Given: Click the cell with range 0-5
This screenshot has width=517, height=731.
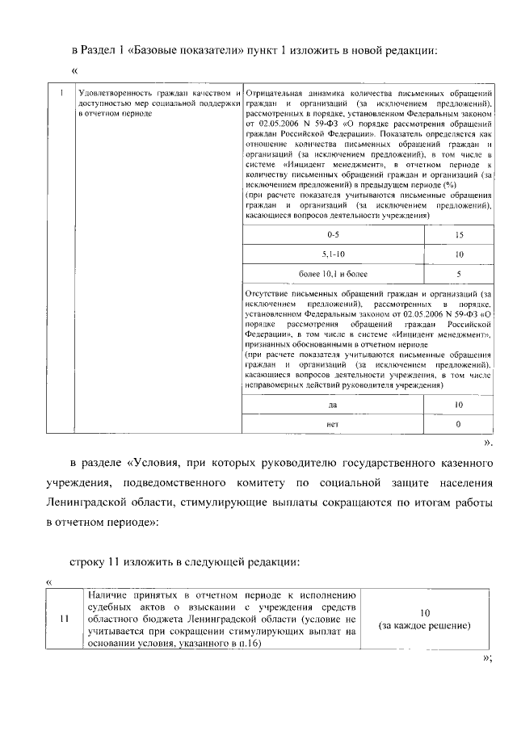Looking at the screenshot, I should (x=332, y=234).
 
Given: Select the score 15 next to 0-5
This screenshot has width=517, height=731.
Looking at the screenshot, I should (x=459, y=234).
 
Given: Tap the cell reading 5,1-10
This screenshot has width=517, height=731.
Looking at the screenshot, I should (x=332, y=254).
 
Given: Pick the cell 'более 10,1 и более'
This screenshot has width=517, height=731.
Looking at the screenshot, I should (x=332, y=274).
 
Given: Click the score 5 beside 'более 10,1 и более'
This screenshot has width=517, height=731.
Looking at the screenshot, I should (x=459, y=274).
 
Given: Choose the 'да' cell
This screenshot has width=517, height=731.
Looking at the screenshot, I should (x=332, y=405).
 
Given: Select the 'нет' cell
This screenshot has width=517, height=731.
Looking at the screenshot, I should (x=332, y=424).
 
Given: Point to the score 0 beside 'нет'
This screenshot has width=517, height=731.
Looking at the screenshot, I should (x=459, y=424).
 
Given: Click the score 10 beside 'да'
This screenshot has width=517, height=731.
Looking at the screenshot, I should (x=459, y=405).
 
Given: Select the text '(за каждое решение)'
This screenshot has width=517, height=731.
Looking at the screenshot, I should (x=425, y=626).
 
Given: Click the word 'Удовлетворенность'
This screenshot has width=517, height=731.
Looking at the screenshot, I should (x=108, y=92).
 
